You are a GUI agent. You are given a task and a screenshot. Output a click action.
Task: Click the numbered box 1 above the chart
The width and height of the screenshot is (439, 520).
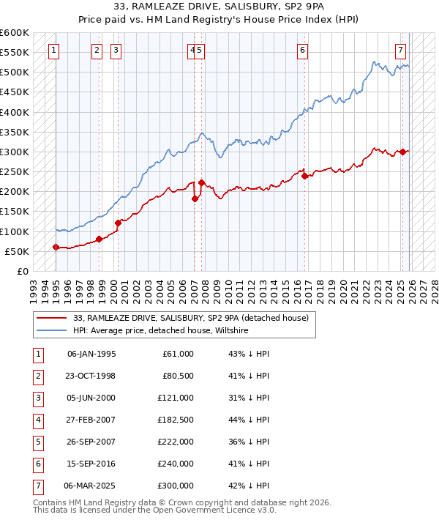click(x=56, y=51)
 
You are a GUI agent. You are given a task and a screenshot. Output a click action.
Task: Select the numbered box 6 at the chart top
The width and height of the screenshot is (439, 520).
click(x=302, y=51)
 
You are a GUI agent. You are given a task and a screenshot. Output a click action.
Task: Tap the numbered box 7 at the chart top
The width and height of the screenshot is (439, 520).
click(x=401, y=51)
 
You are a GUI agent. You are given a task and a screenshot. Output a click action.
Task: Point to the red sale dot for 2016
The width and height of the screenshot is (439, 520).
click(x=304, y=176)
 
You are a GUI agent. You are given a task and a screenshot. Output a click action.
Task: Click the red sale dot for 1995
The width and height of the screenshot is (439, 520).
click(x=56, y=247)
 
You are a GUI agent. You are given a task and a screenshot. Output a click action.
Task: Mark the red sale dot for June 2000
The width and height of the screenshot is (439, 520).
click(x=118, y=223)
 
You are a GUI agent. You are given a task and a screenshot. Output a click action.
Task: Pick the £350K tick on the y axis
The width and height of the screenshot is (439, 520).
click(x=15, y=133)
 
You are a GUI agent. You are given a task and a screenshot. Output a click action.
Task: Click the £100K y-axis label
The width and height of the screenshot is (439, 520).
click(x=15, y=231)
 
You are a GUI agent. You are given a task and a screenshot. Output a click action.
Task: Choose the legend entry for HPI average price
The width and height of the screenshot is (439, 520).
click(x=161, y=331)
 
